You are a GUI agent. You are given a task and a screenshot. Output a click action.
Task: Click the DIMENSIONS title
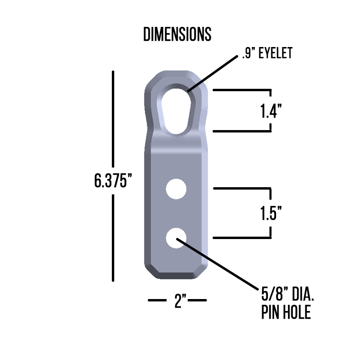[177, 35]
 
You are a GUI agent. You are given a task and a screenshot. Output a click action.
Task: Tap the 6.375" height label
[113, 181]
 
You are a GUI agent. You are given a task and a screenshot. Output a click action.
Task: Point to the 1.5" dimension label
[270, 213]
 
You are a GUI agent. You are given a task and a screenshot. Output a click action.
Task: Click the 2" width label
[180, 301]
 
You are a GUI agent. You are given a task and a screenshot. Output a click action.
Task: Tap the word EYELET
[275, 53]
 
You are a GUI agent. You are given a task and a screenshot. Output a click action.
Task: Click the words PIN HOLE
[286, 313]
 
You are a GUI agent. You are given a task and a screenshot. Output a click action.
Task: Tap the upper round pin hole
[176, 189]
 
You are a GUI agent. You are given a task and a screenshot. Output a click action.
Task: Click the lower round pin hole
[176, 239]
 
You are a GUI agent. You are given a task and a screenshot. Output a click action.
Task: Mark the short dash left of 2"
[157, 300]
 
